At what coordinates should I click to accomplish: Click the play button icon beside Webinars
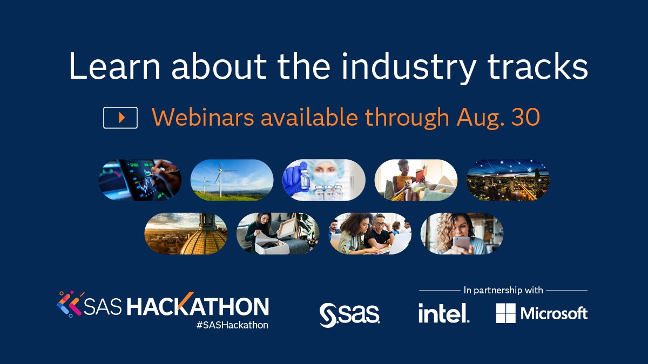(120, 118)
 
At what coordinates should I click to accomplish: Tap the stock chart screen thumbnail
(139, 180)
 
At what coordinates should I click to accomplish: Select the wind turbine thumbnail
(232, 180)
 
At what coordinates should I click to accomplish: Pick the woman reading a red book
(416, 180)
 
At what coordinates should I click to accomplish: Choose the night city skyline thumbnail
(508, 180)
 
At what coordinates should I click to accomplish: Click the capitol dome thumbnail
(186, 233)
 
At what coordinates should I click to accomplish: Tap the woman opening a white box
(278, 233)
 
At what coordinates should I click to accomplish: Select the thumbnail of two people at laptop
(370, 233)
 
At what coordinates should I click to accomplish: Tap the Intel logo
(443, 313)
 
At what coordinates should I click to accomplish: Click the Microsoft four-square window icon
(506, 313)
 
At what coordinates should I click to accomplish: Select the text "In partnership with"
(503, 290)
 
